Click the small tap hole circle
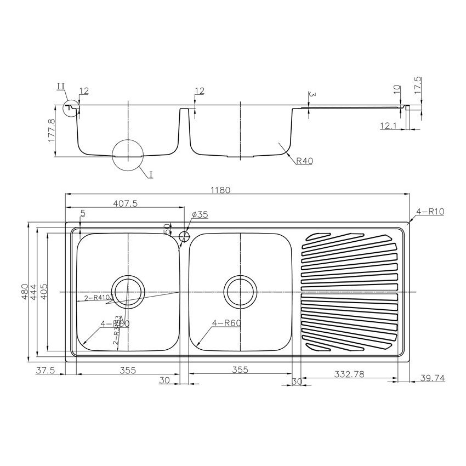[x=184, y=236]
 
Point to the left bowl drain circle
[x=128, y=289]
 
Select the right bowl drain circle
[x=240, y=289]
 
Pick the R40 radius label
[x=304, y=161]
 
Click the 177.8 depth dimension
[x=53, y=130]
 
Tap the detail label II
[x=60, y=86]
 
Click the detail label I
[x=150, y=174]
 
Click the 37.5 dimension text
[x=45, y=370]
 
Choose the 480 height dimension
[x=24, y=291]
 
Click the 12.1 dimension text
[x=387, y=126]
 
